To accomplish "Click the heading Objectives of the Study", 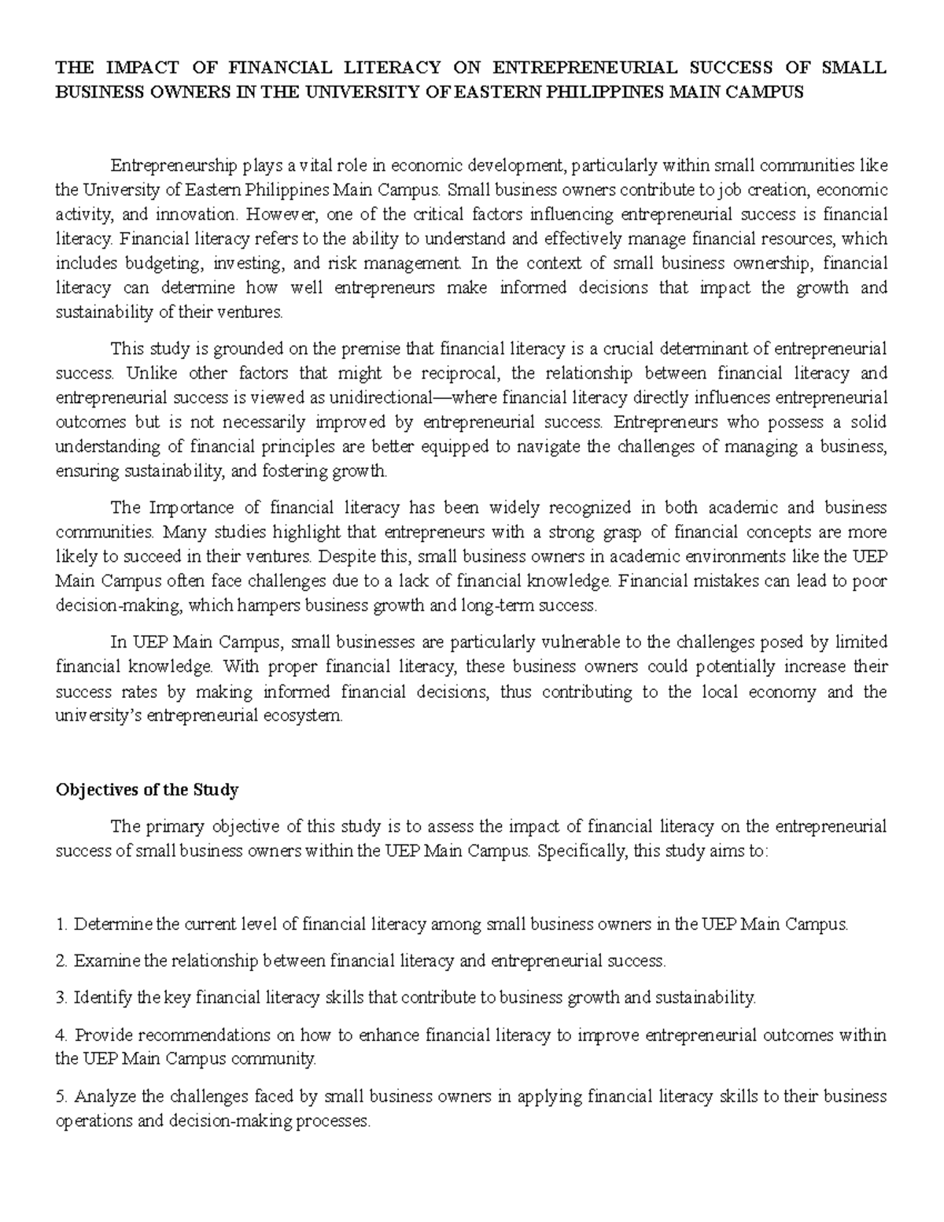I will point(147,789).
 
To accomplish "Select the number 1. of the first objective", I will point(62,925).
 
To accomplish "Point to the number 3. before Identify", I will point(62,999).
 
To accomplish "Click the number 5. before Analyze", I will point(62,1096).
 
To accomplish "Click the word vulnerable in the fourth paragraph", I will point(555,642).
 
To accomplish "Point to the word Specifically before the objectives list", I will point(577,851).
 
